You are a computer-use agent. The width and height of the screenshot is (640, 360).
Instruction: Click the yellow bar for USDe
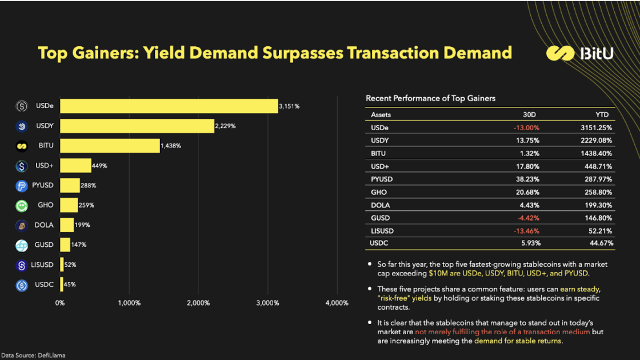pyautogui.click(x=169, y=106)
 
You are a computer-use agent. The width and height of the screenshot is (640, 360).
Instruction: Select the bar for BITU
pyautogui.click(x=110, y=146)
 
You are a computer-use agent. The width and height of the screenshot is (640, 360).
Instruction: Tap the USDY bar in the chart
pyautogui.click(x=137, y=126)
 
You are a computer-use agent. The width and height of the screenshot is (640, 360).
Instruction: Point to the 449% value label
pyautogui.click(x=99, y=166)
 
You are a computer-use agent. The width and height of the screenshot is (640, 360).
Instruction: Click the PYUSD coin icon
pyautogui.click(x=22, y=186)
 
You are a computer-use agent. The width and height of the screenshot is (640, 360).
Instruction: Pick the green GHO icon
pyautogui.click(x=22, y=205)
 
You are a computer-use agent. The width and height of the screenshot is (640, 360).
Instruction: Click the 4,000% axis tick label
pyautogui.click(x=337, y=303)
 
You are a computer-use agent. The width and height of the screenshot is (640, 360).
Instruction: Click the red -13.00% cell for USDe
pyautogui.click(x=527, y=127)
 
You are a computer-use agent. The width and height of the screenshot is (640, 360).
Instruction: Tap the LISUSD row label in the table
pyautogui.click(x=382, y=231)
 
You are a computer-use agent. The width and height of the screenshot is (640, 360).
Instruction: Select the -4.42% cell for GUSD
pyautogui.click(x=528, y=218)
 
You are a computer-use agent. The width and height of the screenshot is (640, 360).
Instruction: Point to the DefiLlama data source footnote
pyautogui.click(x=33, y=355)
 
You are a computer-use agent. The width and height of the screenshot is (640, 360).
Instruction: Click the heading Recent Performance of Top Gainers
pyautogui.click(x=430, y=98)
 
